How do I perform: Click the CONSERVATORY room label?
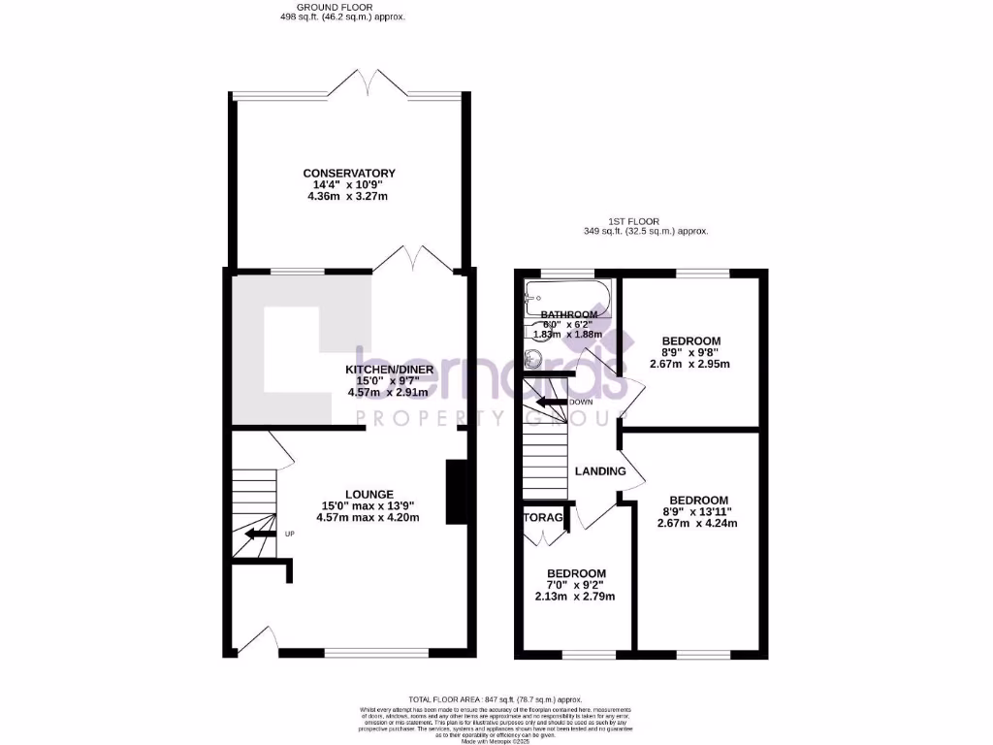tap(349, 173)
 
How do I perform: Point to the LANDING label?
tap(600, 471)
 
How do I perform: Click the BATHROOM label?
tap(568, 315)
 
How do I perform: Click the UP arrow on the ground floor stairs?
tap(260, 533)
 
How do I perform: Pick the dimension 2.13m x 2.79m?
tap(575, 597)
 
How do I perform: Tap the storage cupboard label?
tap(544, 518)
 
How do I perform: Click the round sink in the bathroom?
tap(531, 358)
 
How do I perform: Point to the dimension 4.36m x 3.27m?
tap(349, 197)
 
